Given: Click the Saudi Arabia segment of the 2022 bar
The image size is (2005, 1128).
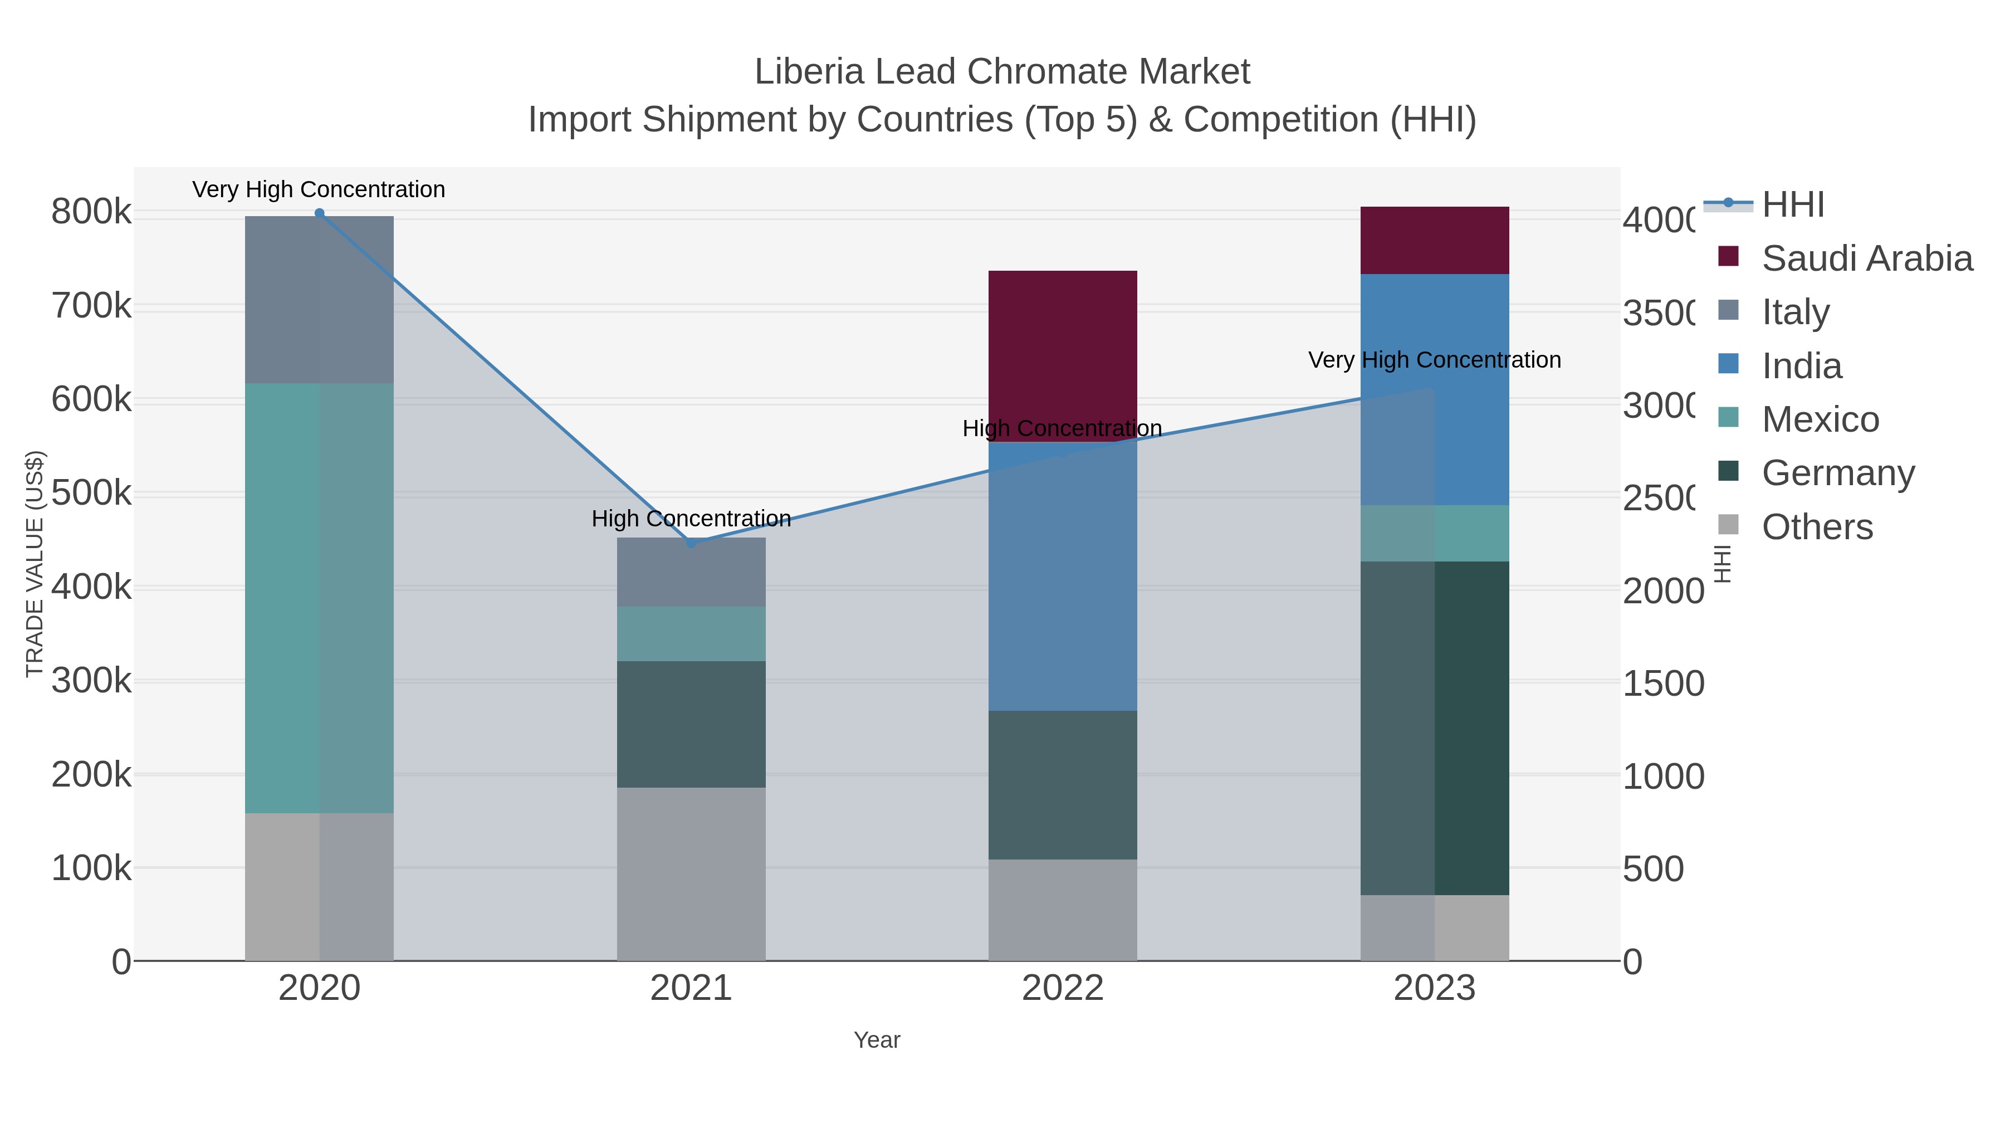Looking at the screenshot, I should click(1063, 354).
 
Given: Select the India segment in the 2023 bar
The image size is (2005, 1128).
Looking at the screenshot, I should click(1471, 389).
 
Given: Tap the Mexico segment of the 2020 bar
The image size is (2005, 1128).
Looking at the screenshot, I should click(319, 597).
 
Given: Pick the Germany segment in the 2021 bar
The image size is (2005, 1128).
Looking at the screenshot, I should click(691, 724).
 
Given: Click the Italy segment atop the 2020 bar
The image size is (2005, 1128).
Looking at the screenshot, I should click(319, 299).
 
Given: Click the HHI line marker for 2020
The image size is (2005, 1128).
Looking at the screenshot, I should click(319, 213).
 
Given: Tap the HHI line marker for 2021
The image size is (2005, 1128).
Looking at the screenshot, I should click(691, 543).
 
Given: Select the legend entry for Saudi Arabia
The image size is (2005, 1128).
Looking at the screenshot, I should click(1866, 258).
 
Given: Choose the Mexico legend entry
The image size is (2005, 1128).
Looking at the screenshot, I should click(1820, 419).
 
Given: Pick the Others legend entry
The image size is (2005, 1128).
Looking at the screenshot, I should click(1817, 527).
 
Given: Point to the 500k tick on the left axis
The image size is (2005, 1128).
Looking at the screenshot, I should click(91, 493).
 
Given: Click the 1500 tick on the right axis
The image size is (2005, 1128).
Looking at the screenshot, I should click(1662, 683).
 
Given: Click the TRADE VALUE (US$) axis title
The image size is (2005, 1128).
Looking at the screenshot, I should click(34, 564).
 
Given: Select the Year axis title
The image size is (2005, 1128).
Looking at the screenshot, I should click(877, 1040).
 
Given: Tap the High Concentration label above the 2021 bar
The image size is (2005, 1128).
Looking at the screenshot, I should click(691, 519).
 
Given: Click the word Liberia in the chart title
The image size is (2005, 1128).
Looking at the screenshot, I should click(809, 72).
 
